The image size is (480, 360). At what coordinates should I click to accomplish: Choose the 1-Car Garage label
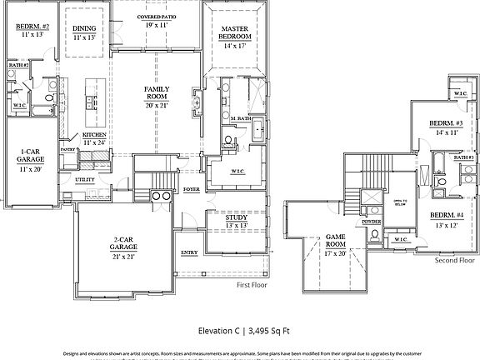pos(32,157)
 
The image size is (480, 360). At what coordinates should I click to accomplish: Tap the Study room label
pos(236,220)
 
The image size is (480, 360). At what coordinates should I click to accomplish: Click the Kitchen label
pos(92,135)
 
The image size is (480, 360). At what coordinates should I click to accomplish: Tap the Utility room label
pos(84,179)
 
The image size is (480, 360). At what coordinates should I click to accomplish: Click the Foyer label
pos(192,189)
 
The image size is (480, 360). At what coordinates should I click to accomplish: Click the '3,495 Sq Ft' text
pos(265,331)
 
